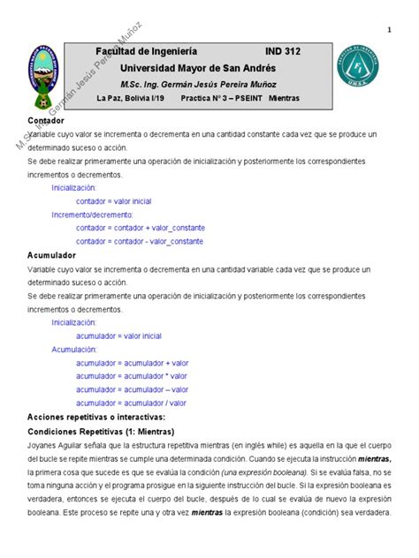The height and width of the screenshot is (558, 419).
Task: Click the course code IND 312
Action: click(283, 52)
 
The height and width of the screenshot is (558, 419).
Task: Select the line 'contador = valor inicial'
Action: click(114, 201)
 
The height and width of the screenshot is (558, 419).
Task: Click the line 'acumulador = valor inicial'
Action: click(118, 336)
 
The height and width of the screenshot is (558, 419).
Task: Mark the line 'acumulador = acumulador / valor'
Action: click(132, 403)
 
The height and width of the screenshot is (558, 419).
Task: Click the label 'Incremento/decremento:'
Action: click(92, 215)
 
